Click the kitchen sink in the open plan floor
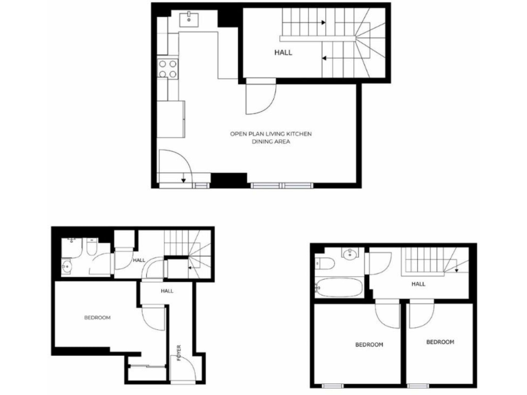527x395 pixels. pyautogui.click(x=189, y=20)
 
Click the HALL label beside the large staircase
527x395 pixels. pyautogui.click(x=283, y=52)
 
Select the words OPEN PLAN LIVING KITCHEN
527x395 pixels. pyautogui.click(x=270, y=134)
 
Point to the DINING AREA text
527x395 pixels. pyautogui.click(x=270, y=142)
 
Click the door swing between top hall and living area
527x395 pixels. pyautogui.click(x=261, y=96)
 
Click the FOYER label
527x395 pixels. pyautogui.click(x=179, y=353)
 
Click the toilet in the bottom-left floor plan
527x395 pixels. pyautogui.click(x=91, y=250)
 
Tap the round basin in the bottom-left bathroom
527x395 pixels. pyautogui.click(x=67, y=267)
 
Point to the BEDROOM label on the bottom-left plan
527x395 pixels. pyautogui.click(x=97, y=318)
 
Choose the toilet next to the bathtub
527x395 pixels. pyautogui.click(x=325, y=264)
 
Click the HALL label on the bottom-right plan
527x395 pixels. pyautogui.click(x=418, y=283)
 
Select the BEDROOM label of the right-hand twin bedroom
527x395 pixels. pyautogui.click(x=440, y=342)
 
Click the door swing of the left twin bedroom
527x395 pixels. pyautogui.click(x=388, y=314)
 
